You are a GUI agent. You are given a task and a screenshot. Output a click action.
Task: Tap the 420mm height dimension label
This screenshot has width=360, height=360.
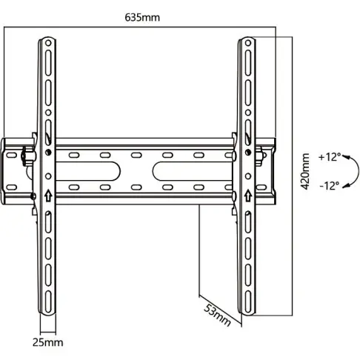tap(305, 172)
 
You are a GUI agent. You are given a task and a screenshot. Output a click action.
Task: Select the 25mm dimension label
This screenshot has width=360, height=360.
tap(47, 342)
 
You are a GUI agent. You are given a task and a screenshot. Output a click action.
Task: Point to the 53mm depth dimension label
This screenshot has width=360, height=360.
tap(218, 314)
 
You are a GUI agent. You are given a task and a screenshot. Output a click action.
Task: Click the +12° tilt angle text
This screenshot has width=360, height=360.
tap(329, 157)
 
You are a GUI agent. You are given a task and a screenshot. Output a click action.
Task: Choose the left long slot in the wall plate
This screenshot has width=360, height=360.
tap(103, 171)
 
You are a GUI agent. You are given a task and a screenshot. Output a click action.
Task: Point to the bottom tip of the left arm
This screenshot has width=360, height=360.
tap(47, 309)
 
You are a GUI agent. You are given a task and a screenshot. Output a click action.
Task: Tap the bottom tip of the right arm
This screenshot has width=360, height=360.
tap(245, 309)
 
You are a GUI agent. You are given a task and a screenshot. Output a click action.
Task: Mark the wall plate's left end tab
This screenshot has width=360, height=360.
tap(9, 171)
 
